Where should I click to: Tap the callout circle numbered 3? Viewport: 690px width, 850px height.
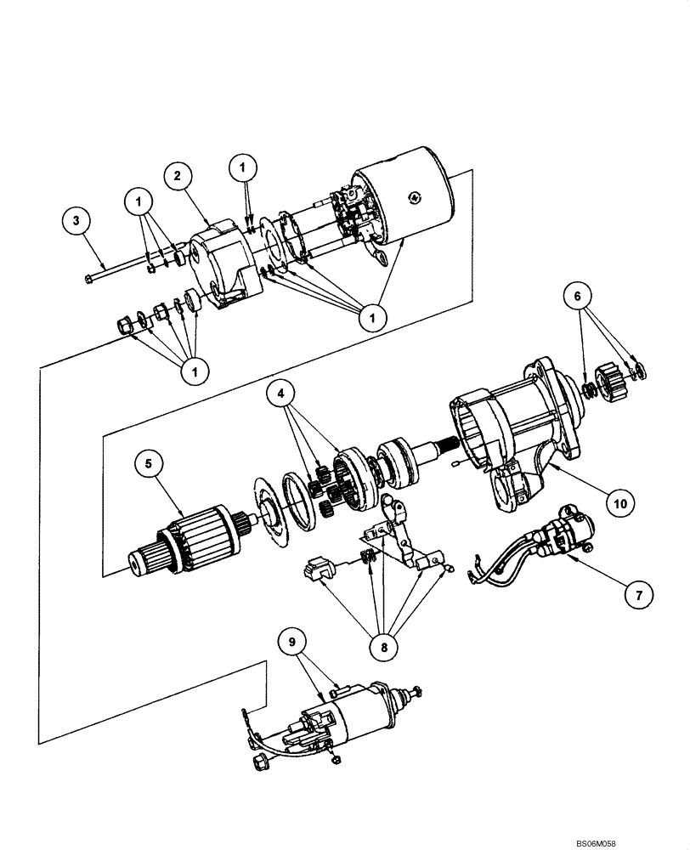point(76,222)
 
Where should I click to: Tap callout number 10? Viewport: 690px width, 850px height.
point(621,503)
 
